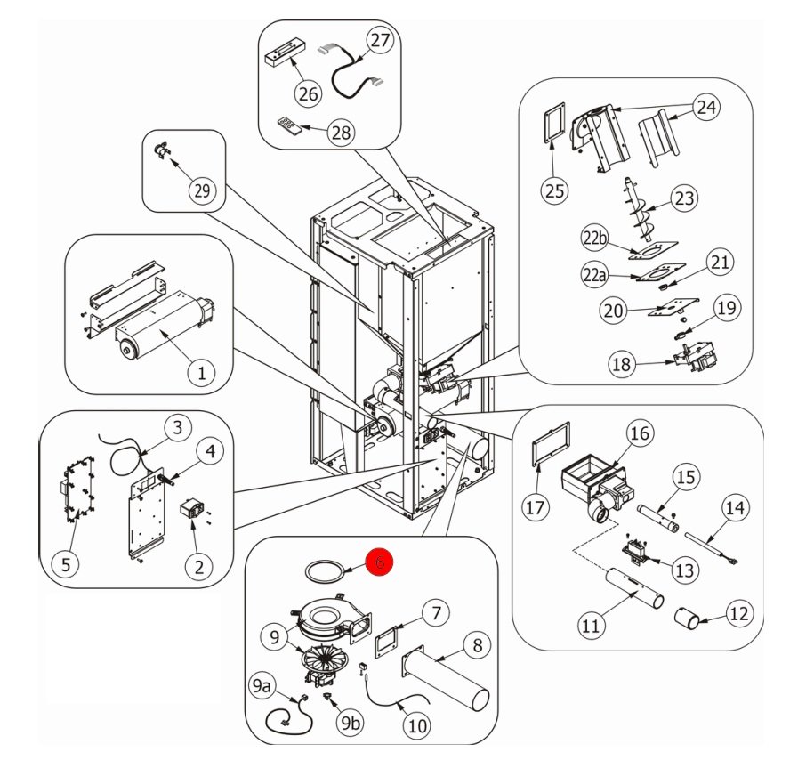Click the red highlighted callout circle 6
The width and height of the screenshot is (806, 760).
[380, 562]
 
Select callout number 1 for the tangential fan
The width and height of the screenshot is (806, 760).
[201, 372]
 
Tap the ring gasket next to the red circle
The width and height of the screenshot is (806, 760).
[323, 570]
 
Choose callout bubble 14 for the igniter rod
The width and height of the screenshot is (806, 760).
[734, 509]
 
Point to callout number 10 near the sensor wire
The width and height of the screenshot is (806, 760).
[416, 725]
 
